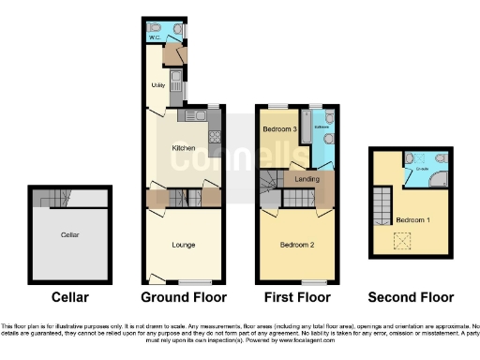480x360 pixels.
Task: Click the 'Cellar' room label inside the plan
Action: click(x=69, y=234)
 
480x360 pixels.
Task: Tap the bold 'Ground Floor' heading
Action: click(x=184, y=298)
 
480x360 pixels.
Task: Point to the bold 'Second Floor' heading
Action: click(x=411, y=298)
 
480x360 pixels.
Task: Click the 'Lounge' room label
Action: click(x=184, y=245)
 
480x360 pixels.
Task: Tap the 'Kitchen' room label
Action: click(x=183, y=148)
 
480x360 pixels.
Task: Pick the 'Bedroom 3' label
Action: click(x=279, y=128)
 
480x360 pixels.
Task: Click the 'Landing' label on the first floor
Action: click(x=307, y=178)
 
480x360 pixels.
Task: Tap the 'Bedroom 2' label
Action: click(x=297, y=245)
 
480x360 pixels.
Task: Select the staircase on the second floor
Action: click(x=381, y=205)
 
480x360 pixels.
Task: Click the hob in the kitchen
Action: click(x=213, y=136)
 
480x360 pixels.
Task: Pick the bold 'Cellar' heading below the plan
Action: click(x=70, y=298)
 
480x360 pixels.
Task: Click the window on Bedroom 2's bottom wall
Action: click(x=314, y=281)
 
